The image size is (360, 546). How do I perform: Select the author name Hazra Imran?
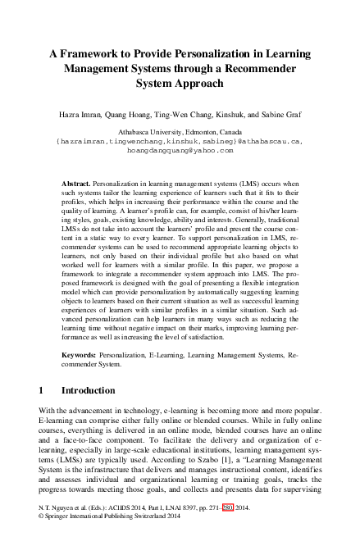point(81,117)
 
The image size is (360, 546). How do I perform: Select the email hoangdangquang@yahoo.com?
point(180,151)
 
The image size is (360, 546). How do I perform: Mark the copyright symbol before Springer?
point(42,539)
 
